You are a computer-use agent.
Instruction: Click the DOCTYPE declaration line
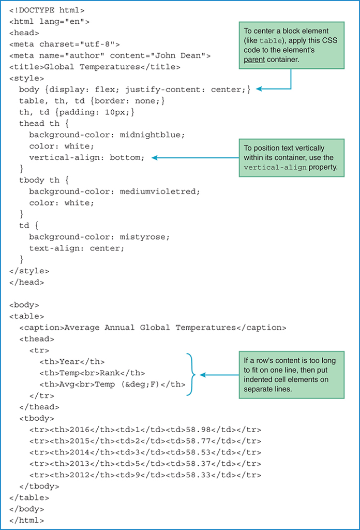pos(47,10)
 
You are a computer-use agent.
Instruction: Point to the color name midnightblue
pos(152,135)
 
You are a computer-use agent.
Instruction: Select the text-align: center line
pos(77,248)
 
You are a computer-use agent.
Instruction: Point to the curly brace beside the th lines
pos(191,374)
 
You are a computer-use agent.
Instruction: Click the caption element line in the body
pos(153,328)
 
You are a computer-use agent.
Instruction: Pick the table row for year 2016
pos(145,430)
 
